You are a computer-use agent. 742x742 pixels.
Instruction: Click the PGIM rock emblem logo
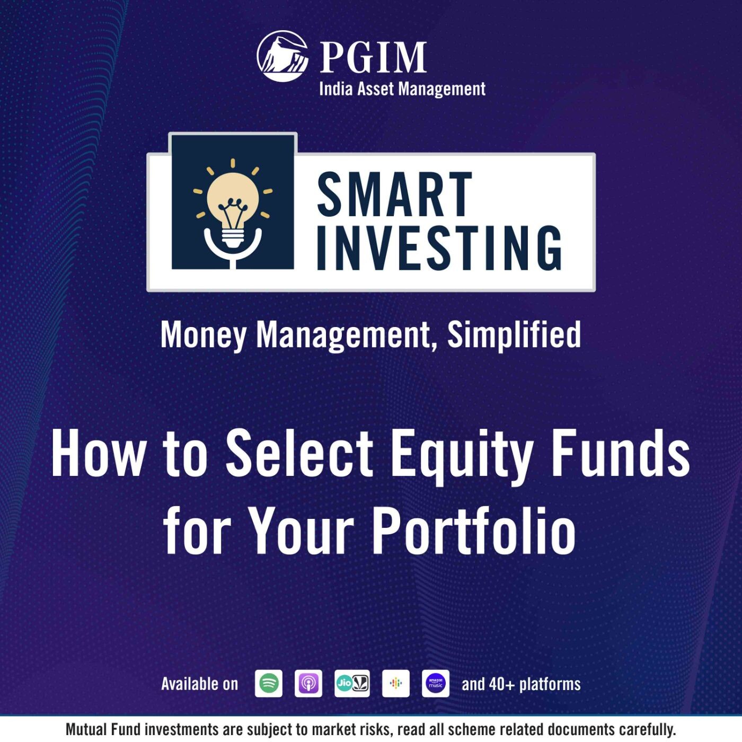pyautogui.click(x=283, y=56)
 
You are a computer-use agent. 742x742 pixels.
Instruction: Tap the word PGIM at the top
pyautogui.click(x=373, y=57)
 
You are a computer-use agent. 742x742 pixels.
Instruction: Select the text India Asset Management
pyautogui.click(x=402, y=89)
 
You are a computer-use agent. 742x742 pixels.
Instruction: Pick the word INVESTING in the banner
pyautogui.click(x=439, y=248)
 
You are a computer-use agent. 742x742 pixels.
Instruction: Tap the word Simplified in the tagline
pyautogui.click(x=514, y=335)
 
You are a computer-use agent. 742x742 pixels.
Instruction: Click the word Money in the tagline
pyautogui.click(x=204, y=335)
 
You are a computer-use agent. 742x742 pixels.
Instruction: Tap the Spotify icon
pyautogui.click(x=269, y=683)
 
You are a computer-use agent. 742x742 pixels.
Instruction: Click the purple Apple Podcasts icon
pyautogui.click(x=308, y=683)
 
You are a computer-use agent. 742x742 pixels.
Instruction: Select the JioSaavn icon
pyautogui.click(x=352, y=683)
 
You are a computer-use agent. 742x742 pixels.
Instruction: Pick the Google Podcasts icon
pyautogui.click(x=396, y=683)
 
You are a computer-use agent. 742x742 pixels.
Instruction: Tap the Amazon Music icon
pyautogui.click(x=436, y=683)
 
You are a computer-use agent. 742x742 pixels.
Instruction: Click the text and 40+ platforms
pyautogui.click(x=521, y=684)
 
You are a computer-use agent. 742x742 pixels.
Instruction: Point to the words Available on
pyautogui.click(x=200, y=684)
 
